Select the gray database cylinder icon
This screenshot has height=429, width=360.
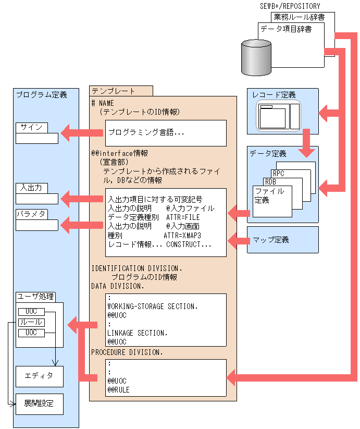256,57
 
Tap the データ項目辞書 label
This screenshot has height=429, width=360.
286,29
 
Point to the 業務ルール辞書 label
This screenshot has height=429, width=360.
299,17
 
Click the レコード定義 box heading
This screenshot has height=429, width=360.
274,95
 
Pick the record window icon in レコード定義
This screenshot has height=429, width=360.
279,117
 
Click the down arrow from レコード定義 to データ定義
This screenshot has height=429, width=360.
306,143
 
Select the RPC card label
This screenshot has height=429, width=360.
279,173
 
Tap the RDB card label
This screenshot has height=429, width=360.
270,182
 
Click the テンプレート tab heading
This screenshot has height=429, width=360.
113,91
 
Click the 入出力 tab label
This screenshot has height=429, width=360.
31,188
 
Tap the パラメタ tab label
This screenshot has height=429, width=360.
31,214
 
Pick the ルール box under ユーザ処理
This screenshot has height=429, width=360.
31,322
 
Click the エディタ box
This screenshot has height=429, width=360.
39,375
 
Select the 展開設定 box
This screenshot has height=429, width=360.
39,404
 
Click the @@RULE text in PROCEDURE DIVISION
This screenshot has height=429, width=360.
119,389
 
